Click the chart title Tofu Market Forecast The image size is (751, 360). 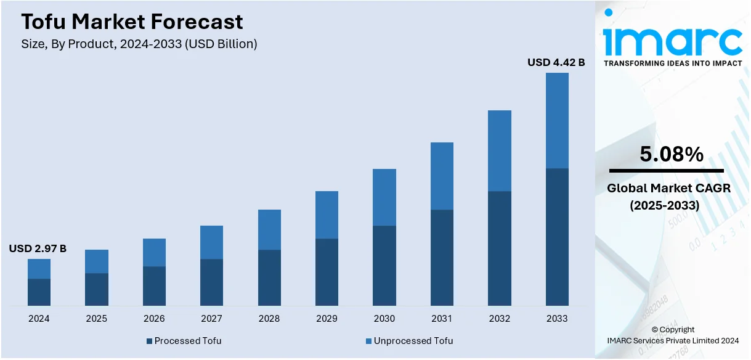[132, 22]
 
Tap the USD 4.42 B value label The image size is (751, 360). [556, 62]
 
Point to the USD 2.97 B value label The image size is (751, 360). [38, 249]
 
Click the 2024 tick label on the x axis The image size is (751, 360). [39, 319]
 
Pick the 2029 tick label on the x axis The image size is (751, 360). [327, 319]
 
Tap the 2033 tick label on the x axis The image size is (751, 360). [557, 319]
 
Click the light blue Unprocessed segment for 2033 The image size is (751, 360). [557, 120]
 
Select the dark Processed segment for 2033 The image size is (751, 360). [557, 237]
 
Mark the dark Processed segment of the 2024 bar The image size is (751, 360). [39, 292]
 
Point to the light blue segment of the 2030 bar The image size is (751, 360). [384, 197]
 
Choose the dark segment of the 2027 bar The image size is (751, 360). [211, 282]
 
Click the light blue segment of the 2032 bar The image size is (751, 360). [500, 150]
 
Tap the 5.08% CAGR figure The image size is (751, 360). [672, 155]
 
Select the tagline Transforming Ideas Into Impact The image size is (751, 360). [673, 63]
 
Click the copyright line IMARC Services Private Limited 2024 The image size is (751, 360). [673, 341]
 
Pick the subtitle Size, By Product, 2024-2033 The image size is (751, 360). [139, 44]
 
